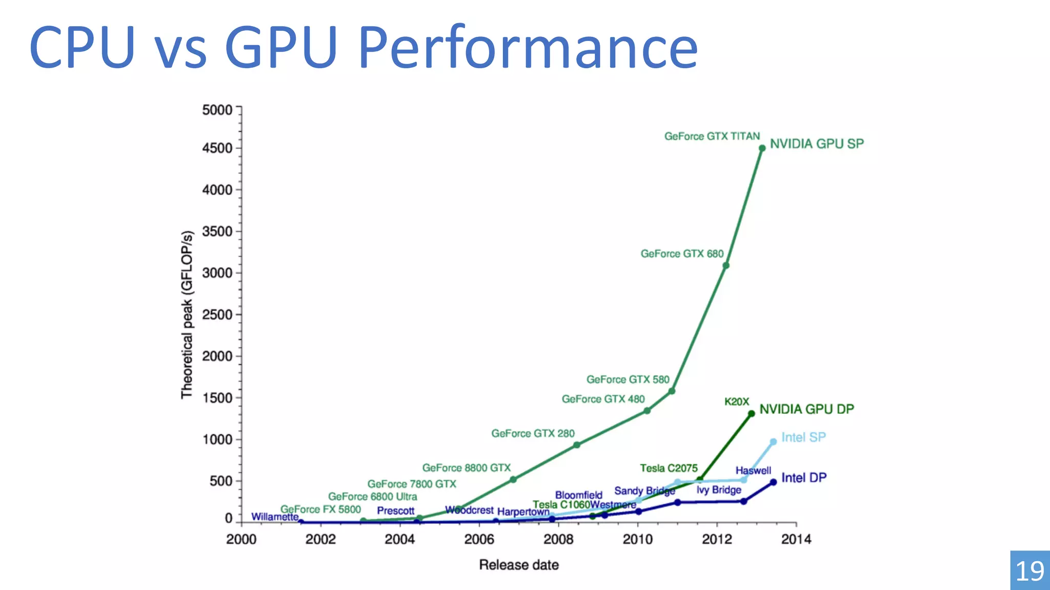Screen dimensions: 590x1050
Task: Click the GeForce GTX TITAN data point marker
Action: (x=762, y=148)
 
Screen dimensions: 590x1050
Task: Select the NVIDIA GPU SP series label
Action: (x=817, y=144)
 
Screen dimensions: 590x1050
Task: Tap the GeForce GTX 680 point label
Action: (x=682, y=254)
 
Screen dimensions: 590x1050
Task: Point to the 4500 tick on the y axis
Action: (x=217, y=148)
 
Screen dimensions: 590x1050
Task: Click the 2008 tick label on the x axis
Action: (x=558, y=539)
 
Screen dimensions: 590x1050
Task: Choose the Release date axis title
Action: (x=519, y=565)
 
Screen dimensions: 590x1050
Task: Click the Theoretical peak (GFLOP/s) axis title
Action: (x=187, y=314)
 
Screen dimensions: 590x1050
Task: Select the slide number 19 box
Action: (x=1029, y=571)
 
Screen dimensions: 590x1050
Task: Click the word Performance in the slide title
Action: (x=528, y=47)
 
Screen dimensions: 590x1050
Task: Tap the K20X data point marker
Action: (x=751, y=413)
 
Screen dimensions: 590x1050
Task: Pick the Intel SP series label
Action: (x=803, y=437)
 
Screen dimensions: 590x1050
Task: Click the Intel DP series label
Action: (x=803, y=478)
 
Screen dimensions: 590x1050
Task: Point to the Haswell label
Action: (x=753, y=470)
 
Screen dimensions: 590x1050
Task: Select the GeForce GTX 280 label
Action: (x=533, y=434)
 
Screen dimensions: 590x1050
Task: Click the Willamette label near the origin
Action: (x=275, y=517)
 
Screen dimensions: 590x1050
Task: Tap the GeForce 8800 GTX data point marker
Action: (x=513, y=479)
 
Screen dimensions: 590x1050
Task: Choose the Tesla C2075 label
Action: (x=669, y=468)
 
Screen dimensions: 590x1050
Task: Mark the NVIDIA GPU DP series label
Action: (x=806, y=409)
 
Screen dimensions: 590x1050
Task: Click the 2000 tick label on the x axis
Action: (x=241, y=539)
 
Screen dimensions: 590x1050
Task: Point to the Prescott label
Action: (x=395, y=511)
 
